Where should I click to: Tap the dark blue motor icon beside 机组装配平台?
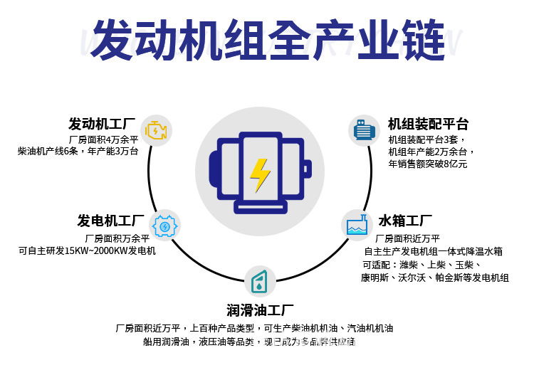coord(364,130)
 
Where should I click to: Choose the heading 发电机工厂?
coord(110,221)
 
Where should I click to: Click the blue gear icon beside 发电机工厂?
coord(165,226)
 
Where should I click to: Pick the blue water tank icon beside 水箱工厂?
coord(356,225)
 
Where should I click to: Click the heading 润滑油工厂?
coord(260,311)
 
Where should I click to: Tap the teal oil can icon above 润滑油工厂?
coord(260,281)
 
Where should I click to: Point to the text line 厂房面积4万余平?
coord(103,139)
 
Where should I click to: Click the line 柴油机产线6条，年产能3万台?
coord(78,151)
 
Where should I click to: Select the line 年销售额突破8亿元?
coord(427,164)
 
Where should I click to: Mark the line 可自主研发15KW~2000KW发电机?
coord(87,250)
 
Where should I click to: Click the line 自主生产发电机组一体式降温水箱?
coord(433,251)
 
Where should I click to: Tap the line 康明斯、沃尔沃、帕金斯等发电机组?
coord(434,277)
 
